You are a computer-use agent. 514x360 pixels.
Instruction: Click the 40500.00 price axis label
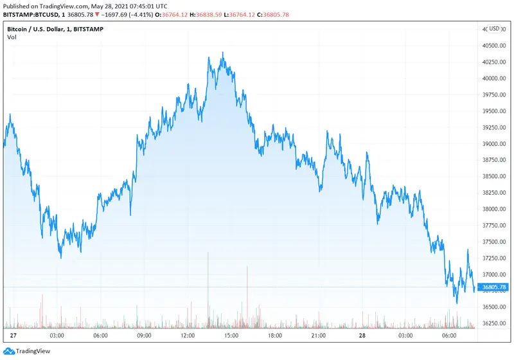coord(495,46)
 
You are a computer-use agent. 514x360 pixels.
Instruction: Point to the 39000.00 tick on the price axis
coord(495,144)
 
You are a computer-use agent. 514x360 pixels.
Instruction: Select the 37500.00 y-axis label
coord(495,242)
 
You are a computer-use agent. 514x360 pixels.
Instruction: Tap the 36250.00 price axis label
coord(495,323)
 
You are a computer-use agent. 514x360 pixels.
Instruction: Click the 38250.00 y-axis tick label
coord(495,193)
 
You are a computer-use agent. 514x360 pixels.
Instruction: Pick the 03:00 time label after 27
coord(56,336)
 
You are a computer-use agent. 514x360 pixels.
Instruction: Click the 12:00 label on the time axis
coord(188,336)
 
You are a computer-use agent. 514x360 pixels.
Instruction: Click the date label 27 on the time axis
coord(13,336)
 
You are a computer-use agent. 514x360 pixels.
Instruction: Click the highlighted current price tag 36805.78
coord(494,287)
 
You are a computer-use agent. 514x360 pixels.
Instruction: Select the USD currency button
coord(494,29)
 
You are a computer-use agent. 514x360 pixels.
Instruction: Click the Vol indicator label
coord(12,37)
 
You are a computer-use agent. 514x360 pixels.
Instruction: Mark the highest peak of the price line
coord(223,53)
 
